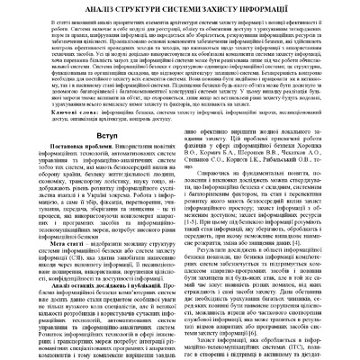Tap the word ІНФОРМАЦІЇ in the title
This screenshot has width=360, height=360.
point(278,8)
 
